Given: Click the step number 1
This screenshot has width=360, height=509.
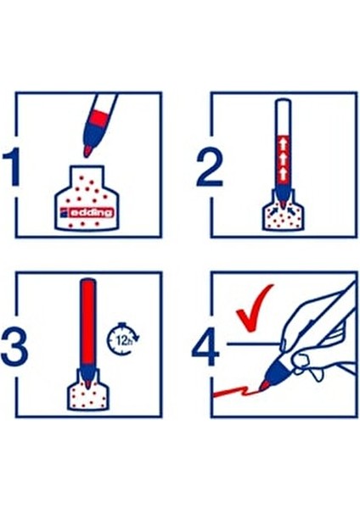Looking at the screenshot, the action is (11, 167).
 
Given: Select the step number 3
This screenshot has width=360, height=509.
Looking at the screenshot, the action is (14, 346).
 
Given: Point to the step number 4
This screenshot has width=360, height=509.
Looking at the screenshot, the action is (206, 347).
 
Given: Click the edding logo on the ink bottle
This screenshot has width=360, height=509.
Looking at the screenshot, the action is (87, 212).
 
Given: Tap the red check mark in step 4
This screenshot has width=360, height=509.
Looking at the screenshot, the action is (254, 308).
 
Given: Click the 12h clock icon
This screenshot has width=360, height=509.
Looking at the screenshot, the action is (123, 338).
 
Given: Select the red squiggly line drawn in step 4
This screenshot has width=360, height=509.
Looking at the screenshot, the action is (236, 391).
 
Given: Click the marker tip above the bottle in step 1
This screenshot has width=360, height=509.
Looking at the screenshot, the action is (87, 151).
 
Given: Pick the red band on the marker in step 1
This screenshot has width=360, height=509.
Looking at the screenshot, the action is (98, 118).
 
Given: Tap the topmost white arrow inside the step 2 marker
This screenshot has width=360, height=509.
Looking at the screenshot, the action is (283, 144).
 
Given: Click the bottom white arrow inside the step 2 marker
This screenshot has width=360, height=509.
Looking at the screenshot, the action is (283, 174).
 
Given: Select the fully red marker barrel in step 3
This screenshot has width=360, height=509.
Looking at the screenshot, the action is (87, 324).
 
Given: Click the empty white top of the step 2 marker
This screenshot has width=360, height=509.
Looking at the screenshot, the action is (283, 117).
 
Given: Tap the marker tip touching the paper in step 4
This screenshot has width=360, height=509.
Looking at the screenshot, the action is (263, 386).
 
